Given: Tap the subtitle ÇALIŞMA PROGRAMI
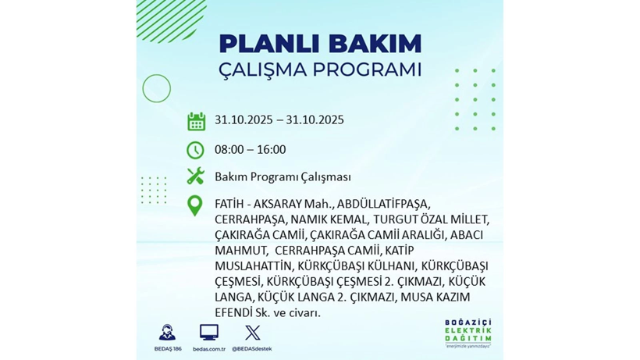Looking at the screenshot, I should click(x=320, y=70).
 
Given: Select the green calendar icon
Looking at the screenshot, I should click(x=196, y=121).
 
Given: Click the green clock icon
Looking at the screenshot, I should click(x=195, y=150).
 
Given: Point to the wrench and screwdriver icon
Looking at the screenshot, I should click(x=195, y=176).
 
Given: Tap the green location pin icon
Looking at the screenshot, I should click(x=195, y=205).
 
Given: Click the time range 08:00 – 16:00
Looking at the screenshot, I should click(x=250, y=150).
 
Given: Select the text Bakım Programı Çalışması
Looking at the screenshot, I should click(x=283, y=177).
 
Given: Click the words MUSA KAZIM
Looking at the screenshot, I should click(x=436, y=297).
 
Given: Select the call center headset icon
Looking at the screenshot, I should click(x=167, y=332).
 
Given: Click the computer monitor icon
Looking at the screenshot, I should click(x=209, y=332).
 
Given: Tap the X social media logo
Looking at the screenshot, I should click(x=251, y=332).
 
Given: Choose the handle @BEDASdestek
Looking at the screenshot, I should click(x=251, y=349).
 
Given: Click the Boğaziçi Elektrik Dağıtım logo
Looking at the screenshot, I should click(x=468, y=334).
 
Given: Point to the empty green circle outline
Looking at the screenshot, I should click(x=157, y=89).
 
